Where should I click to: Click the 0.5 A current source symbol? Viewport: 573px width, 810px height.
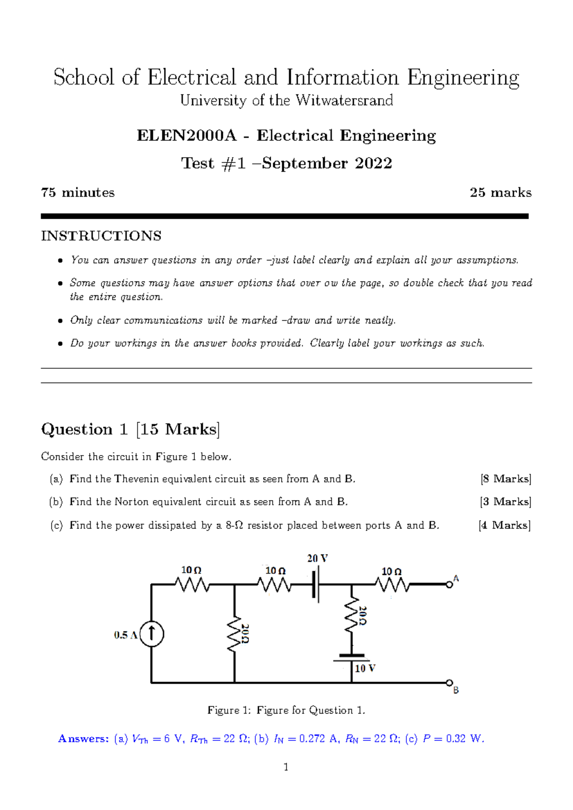(x=152, y=634)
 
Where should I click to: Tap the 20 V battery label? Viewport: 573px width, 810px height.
(x=318, y=558)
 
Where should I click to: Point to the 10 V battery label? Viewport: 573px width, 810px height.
(x=365, y=668)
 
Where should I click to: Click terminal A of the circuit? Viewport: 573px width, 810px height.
(x=449, y=584)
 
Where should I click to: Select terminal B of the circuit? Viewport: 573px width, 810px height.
(x=449, y=682)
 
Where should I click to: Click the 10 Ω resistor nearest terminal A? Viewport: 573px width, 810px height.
(x=392, y=584)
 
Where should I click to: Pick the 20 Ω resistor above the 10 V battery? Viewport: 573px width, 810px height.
(x=352, y=616)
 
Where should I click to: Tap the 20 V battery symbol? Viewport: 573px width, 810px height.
(x=316, y=585)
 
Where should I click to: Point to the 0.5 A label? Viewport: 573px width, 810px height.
(x=126, y=635)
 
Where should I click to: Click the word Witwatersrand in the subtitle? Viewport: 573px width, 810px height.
(x=344, y=100)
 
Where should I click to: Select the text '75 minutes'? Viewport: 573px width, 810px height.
(x=78, y=192)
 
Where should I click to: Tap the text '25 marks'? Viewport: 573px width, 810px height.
(x=500, y=192)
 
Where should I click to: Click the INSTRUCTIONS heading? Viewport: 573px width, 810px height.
(x=101, y=236)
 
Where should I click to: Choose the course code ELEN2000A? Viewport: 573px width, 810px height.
(x=187, y=136)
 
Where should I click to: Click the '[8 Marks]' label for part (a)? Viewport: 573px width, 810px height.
(x=506, y=479)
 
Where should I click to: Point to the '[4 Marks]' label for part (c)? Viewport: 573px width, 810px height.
(x=505, y=525)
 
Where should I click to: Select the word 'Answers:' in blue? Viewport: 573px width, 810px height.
(x=84, y=739)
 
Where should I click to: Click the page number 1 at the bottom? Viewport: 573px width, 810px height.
(x=286, y=767)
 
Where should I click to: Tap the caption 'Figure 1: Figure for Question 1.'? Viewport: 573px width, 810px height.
(x=286, y=710)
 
